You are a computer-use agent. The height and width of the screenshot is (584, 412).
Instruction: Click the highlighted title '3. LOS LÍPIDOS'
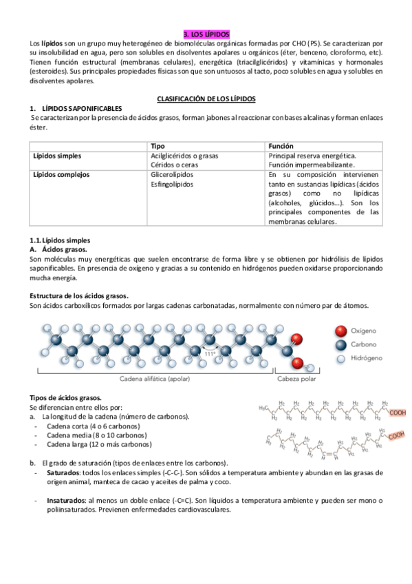point(207,34)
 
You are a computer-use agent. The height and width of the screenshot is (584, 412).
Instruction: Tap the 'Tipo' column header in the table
point(158,146)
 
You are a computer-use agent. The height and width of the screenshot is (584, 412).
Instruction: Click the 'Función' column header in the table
point(281,146)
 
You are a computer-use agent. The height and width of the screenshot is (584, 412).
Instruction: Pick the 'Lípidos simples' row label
point(57,156)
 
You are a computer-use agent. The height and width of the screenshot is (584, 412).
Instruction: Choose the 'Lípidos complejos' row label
point(61,175)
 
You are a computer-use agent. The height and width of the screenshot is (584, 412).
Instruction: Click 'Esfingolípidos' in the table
point(172,185)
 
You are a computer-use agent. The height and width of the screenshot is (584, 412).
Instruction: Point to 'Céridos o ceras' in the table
point(175,165)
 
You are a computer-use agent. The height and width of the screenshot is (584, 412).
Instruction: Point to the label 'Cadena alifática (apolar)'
point(154,379)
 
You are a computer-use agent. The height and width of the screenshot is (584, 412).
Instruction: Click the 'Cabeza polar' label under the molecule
point(297,379)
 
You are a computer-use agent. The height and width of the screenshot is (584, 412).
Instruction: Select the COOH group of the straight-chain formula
point(398,413)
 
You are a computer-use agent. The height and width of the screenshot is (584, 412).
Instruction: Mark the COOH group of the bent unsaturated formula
point(395,436)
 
